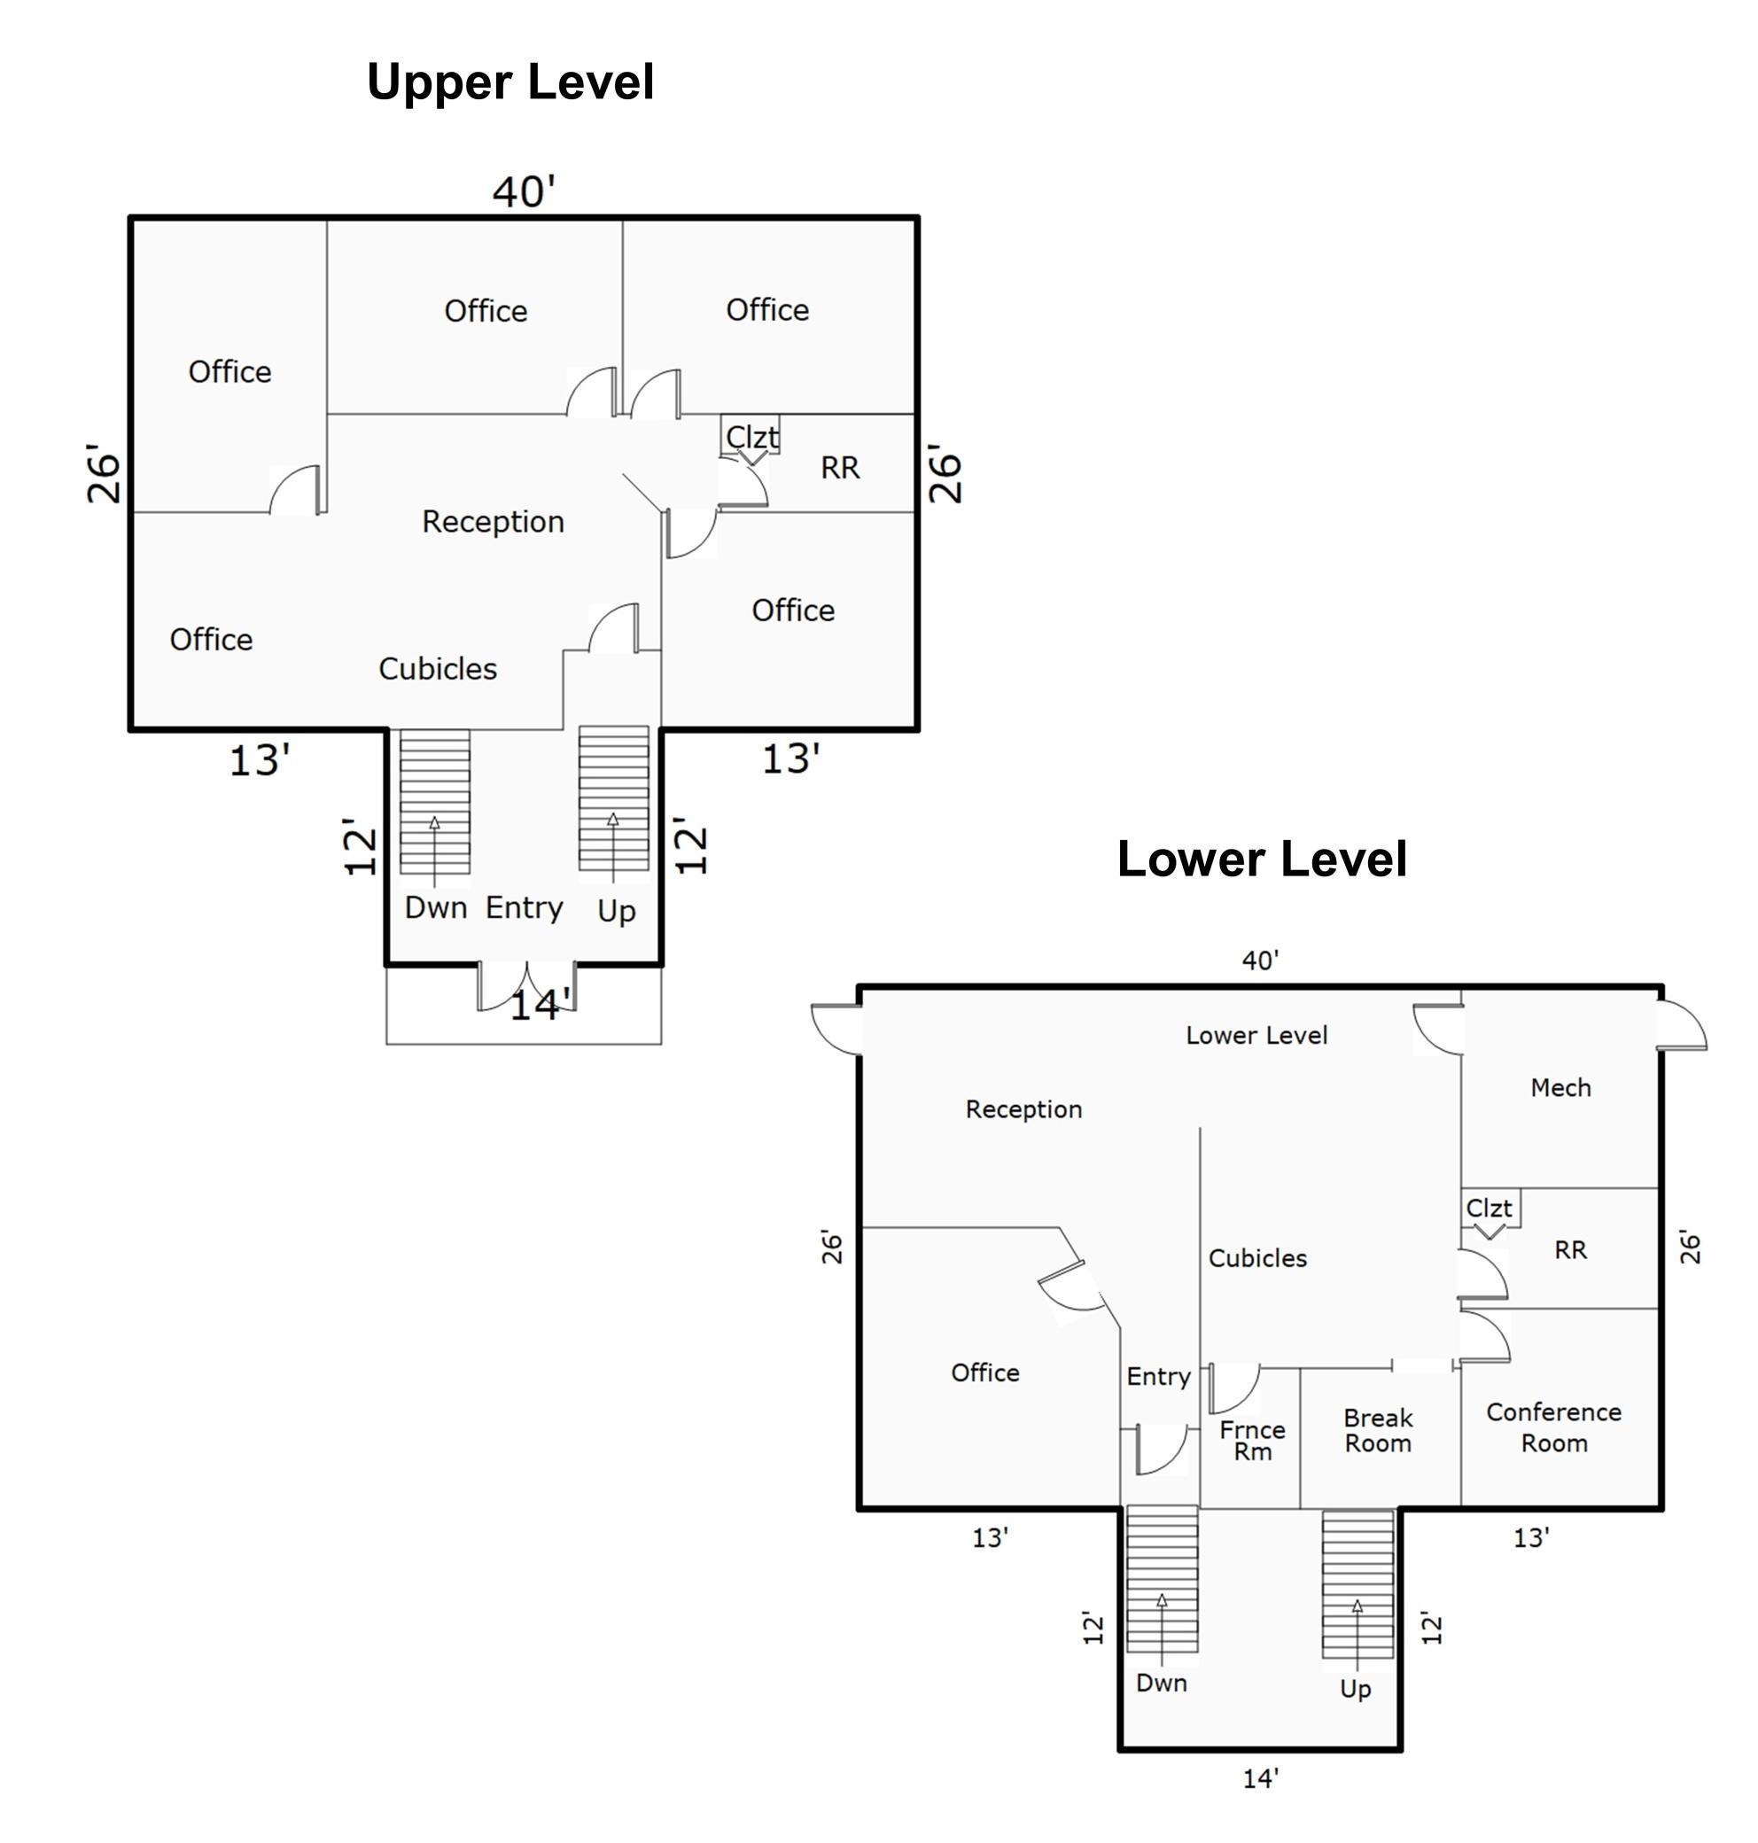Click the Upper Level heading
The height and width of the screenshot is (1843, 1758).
click(510, 82)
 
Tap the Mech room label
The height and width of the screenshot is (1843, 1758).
click(1560, 1087)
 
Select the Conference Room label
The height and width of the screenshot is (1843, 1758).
click(1553, 1427)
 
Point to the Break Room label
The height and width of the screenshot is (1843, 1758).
click(1378, 1430)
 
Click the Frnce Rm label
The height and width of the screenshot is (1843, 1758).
click(1252, 1440)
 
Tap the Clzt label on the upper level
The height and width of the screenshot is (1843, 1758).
click(751, 437)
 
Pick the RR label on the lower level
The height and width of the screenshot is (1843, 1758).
click(1570, 1249)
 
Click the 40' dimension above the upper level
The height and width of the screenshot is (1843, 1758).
click(524, 191)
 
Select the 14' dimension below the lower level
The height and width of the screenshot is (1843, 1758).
click(1260, 1778)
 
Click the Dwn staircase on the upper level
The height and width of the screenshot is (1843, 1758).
click(435, 802)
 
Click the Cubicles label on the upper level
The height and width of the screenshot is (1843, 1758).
click(438, 668)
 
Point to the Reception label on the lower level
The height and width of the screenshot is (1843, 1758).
click(1023, 1109)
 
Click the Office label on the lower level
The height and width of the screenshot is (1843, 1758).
click(985, 1373)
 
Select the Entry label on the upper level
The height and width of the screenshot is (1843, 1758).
click(524, 908)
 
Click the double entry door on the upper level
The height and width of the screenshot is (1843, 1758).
click(526, 986)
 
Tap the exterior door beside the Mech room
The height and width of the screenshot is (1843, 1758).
click(1682, 1025)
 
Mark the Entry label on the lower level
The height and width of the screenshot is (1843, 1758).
click(1158, 1376)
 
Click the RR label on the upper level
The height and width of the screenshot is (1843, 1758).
click(840, 468)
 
